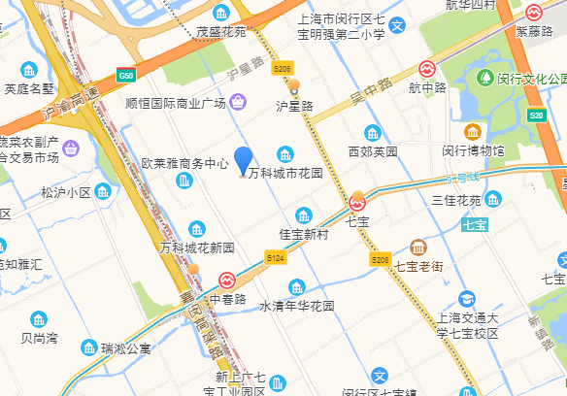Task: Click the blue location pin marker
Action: (243, 160)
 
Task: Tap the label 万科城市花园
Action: (285, 175)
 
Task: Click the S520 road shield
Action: (537, 115)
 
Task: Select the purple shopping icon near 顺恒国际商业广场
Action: (239, 101)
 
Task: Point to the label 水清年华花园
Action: (296, 306)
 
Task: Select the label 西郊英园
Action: (373, 151)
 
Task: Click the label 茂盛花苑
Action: (221, 32)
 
